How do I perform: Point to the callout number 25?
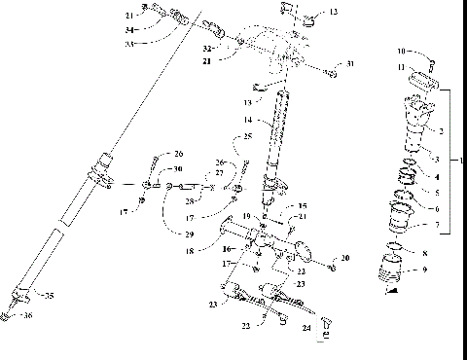pos(248,136)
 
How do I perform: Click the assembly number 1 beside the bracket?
pos(461,159)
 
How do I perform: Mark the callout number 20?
pos(343,258)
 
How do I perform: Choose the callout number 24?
pos(307,329)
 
